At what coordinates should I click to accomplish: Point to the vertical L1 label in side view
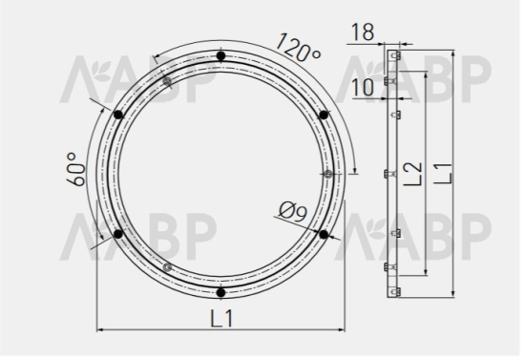tap(441, 174)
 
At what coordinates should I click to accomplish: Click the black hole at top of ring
tap(220, 56)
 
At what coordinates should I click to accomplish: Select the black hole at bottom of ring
tap(220, 292)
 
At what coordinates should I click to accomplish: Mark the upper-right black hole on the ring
tap(323, 115)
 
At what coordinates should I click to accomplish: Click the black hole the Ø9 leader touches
tap(323, 234)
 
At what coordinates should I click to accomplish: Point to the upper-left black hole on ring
tap(118, 115)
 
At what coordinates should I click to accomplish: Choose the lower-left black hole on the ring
tap(118, 234)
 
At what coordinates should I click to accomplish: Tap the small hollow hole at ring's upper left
tap(167, 82)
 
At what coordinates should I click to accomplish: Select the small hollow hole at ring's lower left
tap(167, 267)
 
